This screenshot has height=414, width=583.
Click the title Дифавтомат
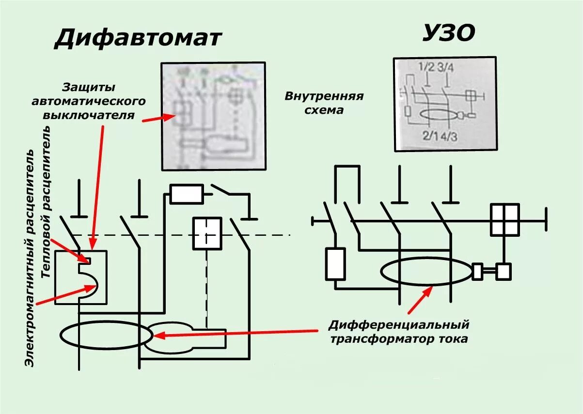click(138, 38)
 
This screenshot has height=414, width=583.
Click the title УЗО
click(449, 33)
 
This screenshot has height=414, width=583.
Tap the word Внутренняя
click(324, 96)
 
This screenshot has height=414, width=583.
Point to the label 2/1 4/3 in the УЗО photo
click(440, 136)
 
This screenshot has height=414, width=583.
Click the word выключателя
click(88, 115)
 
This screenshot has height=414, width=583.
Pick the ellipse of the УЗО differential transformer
click(425, 272)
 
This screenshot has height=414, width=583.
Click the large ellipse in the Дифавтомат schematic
click(106, 335)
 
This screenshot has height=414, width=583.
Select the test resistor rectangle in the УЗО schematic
click(335, 264)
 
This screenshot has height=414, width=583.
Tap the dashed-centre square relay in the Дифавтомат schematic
click(207, 233)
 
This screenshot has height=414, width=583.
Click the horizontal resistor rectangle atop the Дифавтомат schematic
click(187, 194)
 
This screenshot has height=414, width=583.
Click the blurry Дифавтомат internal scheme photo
click(213, 116)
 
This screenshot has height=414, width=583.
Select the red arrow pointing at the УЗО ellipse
click(419, 300)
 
